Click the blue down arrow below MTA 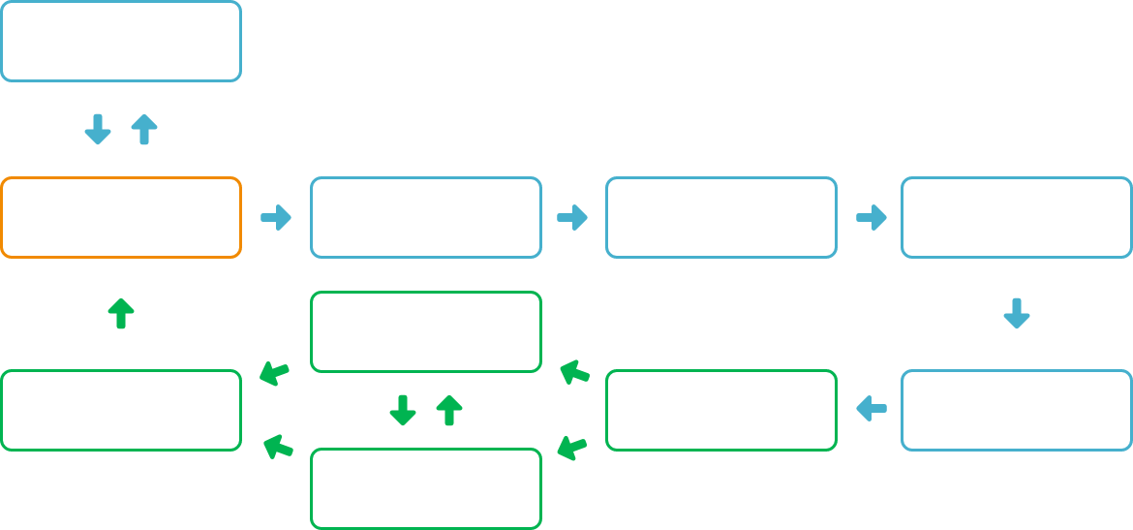pyautogui.click(x=98, y=129)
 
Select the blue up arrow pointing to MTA pyautogui.click(x=144, y=129)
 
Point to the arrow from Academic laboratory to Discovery pyautogui.click(x=276, y=217)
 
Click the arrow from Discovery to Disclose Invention pyautogui.click(x=572, y=217)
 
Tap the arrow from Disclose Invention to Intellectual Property pyautogui.click(x=872, y=217)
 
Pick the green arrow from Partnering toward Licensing pyautogui.click(x=574, y=372)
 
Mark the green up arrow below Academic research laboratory pyautogui.click(x=121, y=313)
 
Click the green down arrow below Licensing pyautogui.click(x=403, y=410)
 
